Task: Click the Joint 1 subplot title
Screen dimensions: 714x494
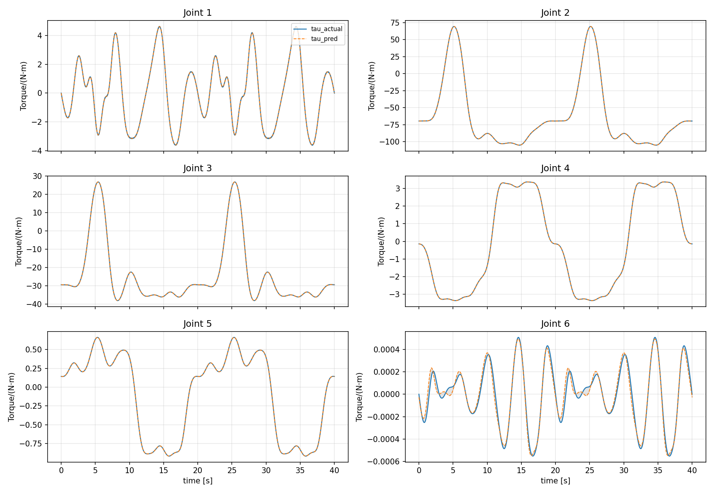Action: [x=197, y=13]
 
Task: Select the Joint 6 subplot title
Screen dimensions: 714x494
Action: [x=555, y=324]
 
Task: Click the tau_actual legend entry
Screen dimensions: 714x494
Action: [x=318, y=29]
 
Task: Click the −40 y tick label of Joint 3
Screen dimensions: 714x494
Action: [x=34, y=304]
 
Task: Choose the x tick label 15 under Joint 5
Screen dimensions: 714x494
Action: [x=164, y=471]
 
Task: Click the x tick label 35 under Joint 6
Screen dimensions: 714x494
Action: [x=658, y=471]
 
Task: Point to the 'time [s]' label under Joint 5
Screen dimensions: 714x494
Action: [x=198, y=481]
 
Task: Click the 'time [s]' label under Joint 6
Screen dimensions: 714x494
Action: [x=555, y=481]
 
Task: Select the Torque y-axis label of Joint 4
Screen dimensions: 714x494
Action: [x=381, y=241]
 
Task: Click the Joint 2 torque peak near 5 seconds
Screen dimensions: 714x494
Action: [x=454, y=26]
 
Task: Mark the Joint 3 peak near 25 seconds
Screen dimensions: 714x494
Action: [x=234, y=182]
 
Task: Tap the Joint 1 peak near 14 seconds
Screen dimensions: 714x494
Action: [x=159, y=26]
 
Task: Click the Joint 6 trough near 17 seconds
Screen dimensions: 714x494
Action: [x=532, y=456]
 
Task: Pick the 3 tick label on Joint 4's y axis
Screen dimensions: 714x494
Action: [x=398, y=188]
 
